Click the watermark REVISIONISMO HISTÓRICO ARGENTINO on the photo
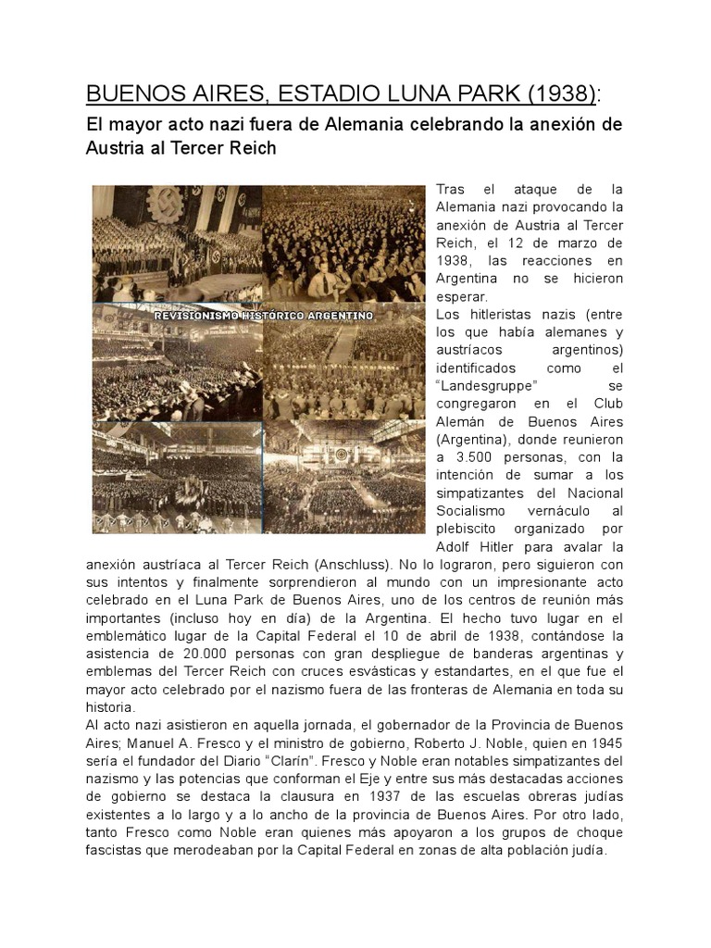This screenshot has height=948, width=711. point(263,316)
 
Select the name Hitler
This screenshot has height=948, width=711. point(505,546)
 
